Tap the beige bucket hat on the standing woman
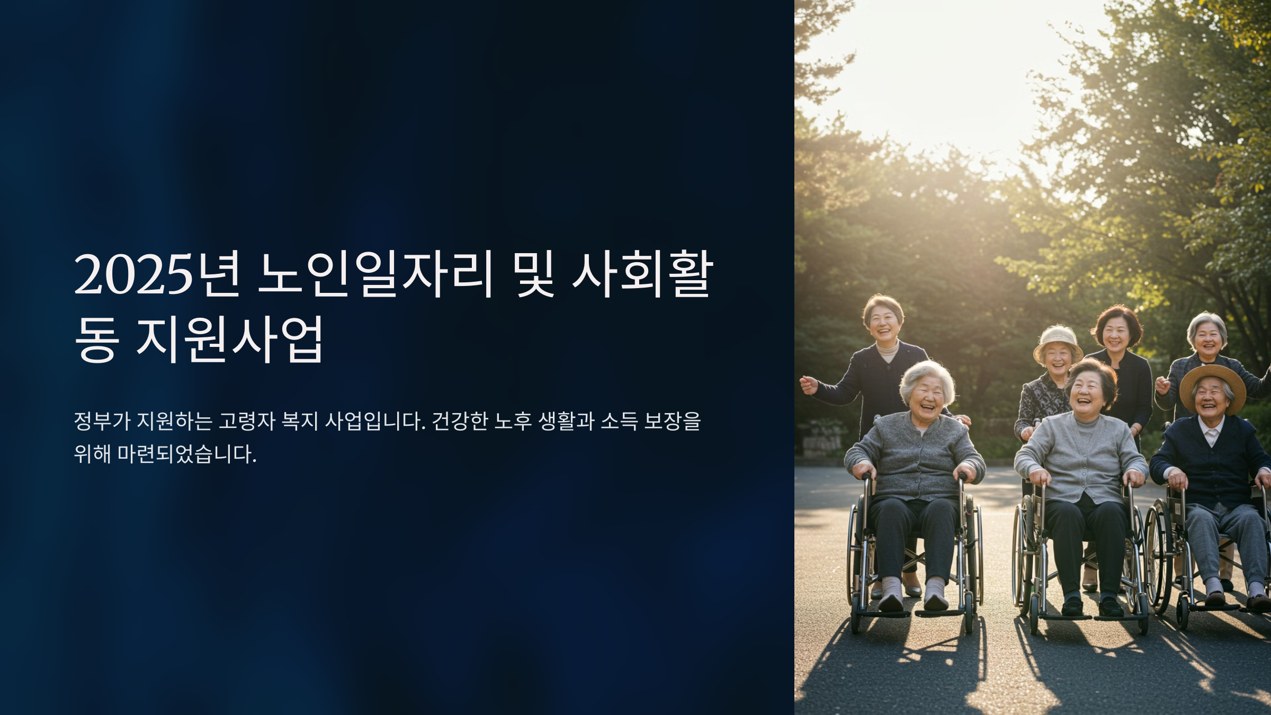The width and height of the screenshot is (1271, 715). click(x=1057, y=341)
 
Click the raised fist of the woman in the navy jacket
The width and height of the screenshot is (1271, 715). click(x=808, y=385)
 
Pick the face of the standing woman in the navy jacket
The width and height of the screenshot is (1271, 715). click(x=883, y=323)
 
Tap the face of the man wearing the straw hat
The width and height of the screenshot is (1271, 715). click(x=1210, y=400)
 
